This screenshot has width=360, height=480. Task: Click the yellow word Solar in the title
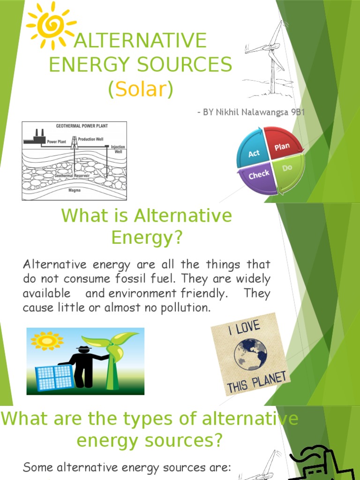point(140,89)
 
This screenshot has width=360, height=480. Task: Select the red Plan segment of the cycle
point(282,147)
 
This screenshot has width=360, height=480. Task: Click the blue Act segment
point(254,153)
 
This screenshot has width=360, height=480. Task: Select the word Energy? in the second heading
point(146,238)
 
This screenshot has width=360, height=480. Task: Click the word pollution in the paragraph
point(181,308)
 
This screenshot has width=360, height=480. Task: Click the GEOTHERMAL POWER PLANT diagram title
point(75,126)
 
